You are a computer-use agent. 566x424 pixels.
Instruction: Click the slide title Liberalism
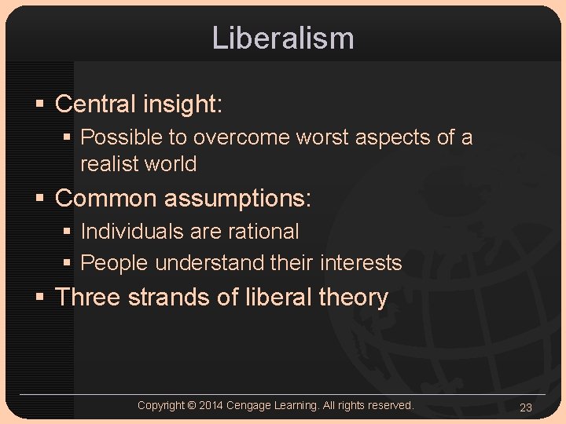[283, 38]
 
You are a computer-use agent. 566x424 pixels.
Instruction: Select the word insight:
[186, 104]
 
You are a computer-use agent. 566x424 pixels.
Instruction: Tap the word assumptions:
[237, 198]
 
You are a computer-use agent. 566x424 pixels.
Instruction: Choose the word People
[115, 263]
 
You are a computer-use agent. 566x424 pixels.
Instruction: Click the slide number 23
[526, 407]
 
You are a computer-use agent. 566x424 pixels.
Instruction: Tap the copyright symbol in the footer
[191, 405]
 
